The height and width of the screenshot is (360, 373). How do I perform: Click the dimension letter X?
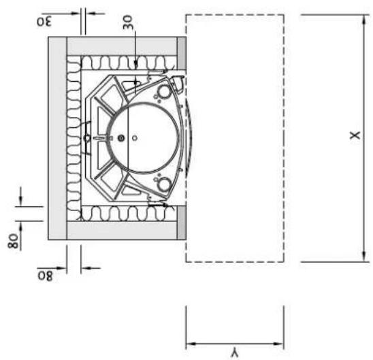(355, 135)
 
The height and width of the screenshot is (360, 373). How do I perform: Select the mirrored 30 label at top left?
(44, 22)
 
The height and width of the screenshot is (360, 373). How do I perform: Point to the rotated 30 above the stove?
(127, 22)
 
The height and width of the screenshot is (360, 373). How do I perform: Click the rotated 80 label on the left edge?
(13, 241)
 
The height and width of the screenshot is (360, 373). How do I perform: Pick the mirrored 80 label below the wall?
(45, 276)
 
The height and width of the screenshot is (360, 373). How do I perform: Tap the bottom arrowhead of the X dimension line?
(363, 257)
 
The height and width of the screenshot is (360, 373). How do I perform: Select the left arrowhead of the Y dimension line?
(191, 344)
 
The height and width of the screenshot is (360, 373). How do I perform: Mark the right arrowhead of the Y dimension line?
(278, 344)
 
